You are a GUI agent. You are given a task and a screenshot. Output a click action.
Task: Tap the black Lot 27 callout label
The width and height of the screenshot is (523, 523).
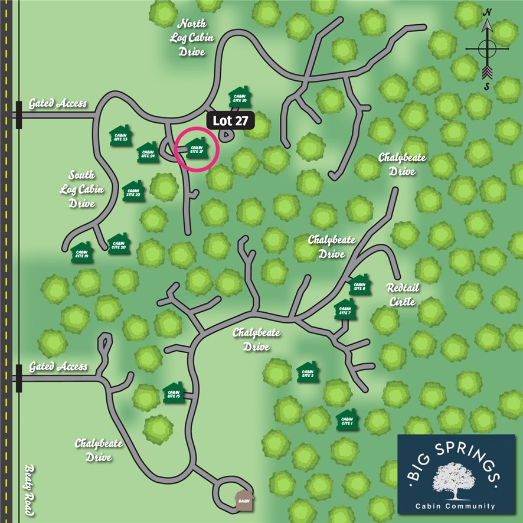click(x=231, y=120)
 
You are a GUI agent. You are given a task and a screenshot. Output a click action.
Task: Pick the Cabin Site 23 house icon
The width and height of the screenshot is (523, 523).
click(x=121, y=135)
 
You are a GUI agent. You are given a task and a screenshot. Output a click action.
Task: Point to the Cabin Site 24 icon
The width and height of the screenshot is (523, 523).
click(x=148, y=153)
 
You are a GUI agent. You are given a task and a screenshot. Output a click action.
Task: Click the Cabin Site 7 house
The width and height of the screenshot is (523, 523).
click(x=345, y=309)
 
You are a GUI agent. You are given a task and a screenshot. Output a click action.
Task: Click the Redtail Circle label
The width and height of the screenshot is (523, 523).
click(x=401, y=294)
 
